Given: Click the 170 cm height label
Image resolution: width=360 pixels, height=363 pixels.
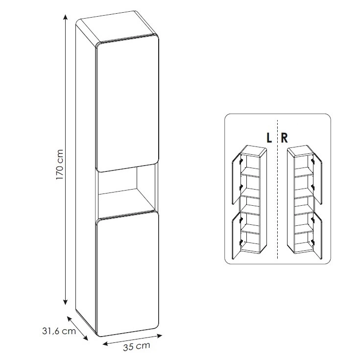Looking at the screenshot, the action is (x=59, y=165).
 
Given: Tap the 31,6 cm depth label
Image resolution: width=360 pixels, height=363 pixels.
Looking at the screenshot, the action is (x=59, y=331).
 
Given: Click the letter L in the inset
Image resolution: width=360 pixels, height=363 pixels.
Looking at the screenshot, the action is (x=269, y=138).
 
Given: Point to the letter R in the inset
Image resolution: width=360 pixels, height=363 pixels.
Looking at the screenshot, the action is (x=284, y=138).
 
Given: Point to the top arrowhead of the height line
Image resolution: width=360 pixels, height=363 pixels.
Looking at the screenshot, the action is (x=66, y=17).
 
